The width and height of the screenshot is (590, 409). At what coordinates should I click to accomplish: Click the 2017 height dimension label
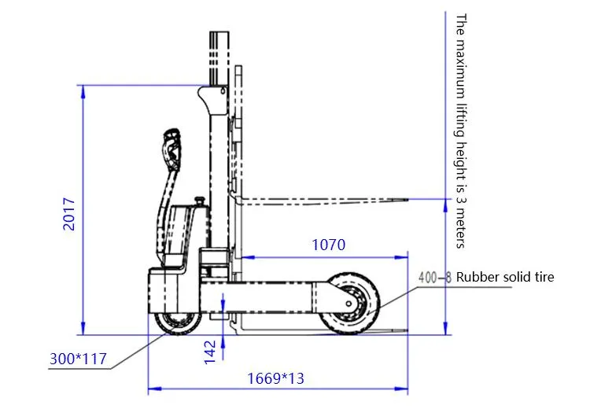point(69,213)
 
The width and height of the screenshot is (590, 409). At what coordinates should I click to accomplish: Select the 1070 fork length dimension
point(328,245)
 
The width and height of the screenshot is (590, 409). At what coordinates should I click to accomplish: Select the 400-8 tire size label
point(436,277)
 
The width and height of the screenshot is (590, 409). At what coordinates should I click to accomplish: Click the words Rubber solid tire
point(505,277)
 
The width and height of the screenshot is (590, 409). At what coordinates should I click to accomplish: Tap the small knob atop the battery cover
point(201,201)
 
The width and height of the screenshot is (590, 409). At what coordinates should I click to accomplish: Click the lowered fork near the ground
point(315,331)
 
